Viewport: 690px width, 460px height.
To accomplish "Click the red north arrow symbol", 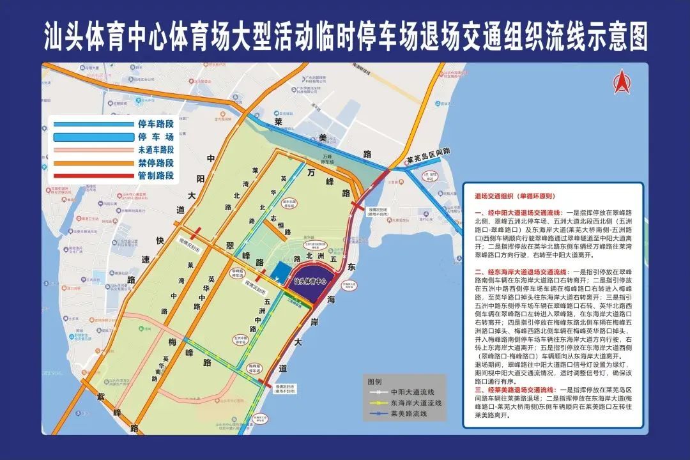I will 622,82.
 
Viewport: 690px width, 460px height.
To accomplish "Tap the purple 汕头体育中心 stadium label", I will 310,280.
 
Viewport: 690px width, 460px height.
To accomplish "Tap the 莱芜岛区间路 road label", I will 428,152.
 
